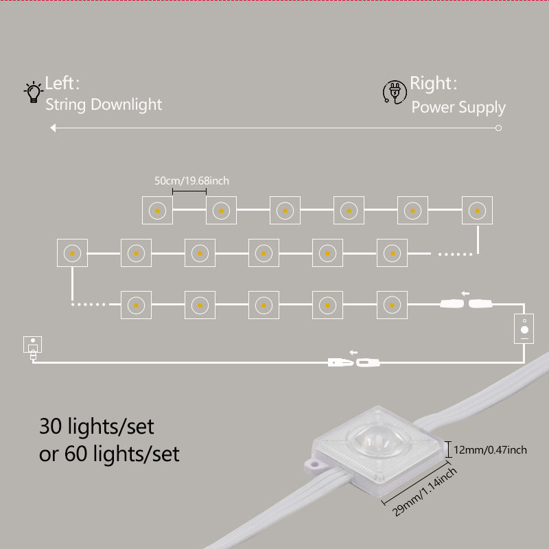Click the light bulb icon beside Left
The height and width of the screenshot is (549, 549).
[32, 92]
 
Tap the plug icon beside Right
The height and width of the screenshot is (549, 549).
[394, 92]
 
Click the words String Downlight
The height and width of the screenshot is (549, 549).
[104, 104]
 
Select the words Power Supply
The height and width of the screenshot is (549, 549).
[458, 107]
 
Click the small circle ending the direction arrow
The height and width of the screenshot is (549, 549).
[499, 128]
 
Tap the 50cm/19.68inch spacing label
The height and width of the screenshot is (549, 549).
[191, 180]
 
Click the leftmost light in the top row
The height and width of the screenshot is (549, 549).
[157, 211]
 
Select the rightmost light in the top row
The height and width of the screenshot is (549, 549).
[477, 211]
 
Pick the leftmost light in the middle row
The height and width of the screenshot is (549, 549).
[72, 253]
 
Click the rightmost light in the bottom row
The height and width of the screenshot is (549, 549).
[391, 303]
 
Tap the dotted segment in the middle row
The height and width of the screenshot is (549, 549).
[456, 254]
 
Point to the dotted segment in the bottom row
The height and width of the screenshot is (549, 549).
[90, 304]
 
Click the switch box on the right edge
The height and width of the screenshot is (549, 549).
[525, 328]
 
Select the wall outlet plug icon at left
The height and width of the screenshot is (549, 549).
[32, 347]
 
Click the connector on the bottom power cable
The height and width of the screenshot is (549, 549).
[354, 360]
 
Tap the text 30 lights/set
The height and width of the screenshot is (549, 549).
[97, 426]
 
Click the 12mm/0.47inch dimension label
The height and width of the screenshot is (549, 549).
[491, 449]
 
